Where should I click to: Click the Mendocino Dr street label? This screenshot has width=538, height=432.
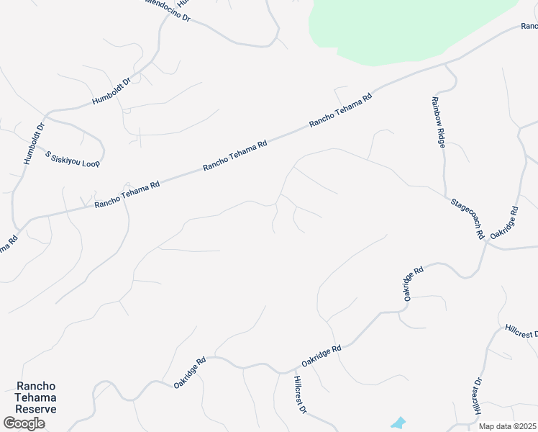pyautogui.click(x=168, y=11)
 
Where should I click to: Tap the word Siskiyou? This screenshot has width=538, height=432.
pyautogui.click(x=66, y=158)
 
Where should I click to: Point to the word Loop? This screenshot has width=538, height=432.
pyautogui.click(x=91, y=164)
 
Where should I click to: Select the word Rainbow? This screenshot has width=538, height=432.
pyautogui.click(x=436, y=110)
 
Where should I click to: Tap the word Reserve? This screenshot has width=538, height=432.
pyautogui.click(x=35, y=409)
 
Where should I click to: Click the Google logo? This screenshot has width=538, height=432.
pyautogui.click(x=24, y=423)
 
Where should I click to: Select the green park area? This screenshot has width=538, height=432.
pyautogui.click(x=403, y=29)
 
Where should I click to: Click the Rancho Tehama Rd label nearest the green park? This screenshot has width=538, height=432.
pyautogui.click(x=340, y=110)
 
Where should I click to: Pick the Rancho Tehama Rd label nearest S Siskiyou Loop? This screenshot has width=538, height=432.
pyautogui.click(x=127, y=194)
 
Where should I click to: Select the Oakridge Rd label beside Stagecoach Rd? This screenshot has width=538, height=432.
pyautogui.click(x=504, y=223)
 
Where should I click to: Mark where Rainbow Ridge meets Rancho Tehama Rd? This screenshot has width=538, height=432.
pyautogui.click(x=446, y=64)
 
